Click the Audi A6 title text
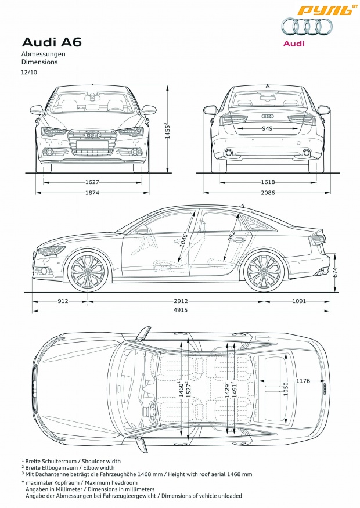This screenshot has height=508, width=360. (52, 42)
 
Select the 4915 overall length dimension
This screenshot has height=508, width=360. (181, 310)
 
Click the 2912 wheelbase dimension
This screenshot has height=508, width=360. (181, 301)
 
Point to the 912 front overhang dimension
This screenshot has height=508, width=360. (63, 301)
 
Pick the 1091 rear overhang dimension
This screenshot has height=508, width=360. (299, 301)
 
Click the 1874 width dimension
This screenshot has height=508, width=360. (92, 193)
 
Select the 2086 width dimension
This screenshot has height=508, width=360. (268, 193)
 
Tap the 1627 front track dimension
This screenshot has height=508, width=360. (92, 182)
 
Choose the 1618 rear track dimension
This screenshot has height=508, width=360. (268, 182)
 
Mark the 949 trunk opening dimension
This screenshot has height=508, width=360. (267, 129)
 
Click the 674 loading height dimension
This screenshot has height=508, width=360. (335, 273)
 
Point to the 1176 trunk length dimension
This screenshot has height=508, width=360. (303, 381)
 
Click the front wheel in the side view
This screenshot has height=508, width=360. (88, 271)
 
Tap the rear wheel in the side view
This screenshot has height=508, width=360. (264, 271)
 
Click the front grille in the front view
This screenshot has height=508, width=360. (92, 142)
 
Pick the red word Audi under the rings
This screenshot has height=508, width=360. (294, 44)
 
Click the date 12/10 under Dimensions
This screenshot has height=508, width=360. (29, 72)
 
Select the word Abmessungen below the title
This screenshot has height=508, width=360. (44, 54)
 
